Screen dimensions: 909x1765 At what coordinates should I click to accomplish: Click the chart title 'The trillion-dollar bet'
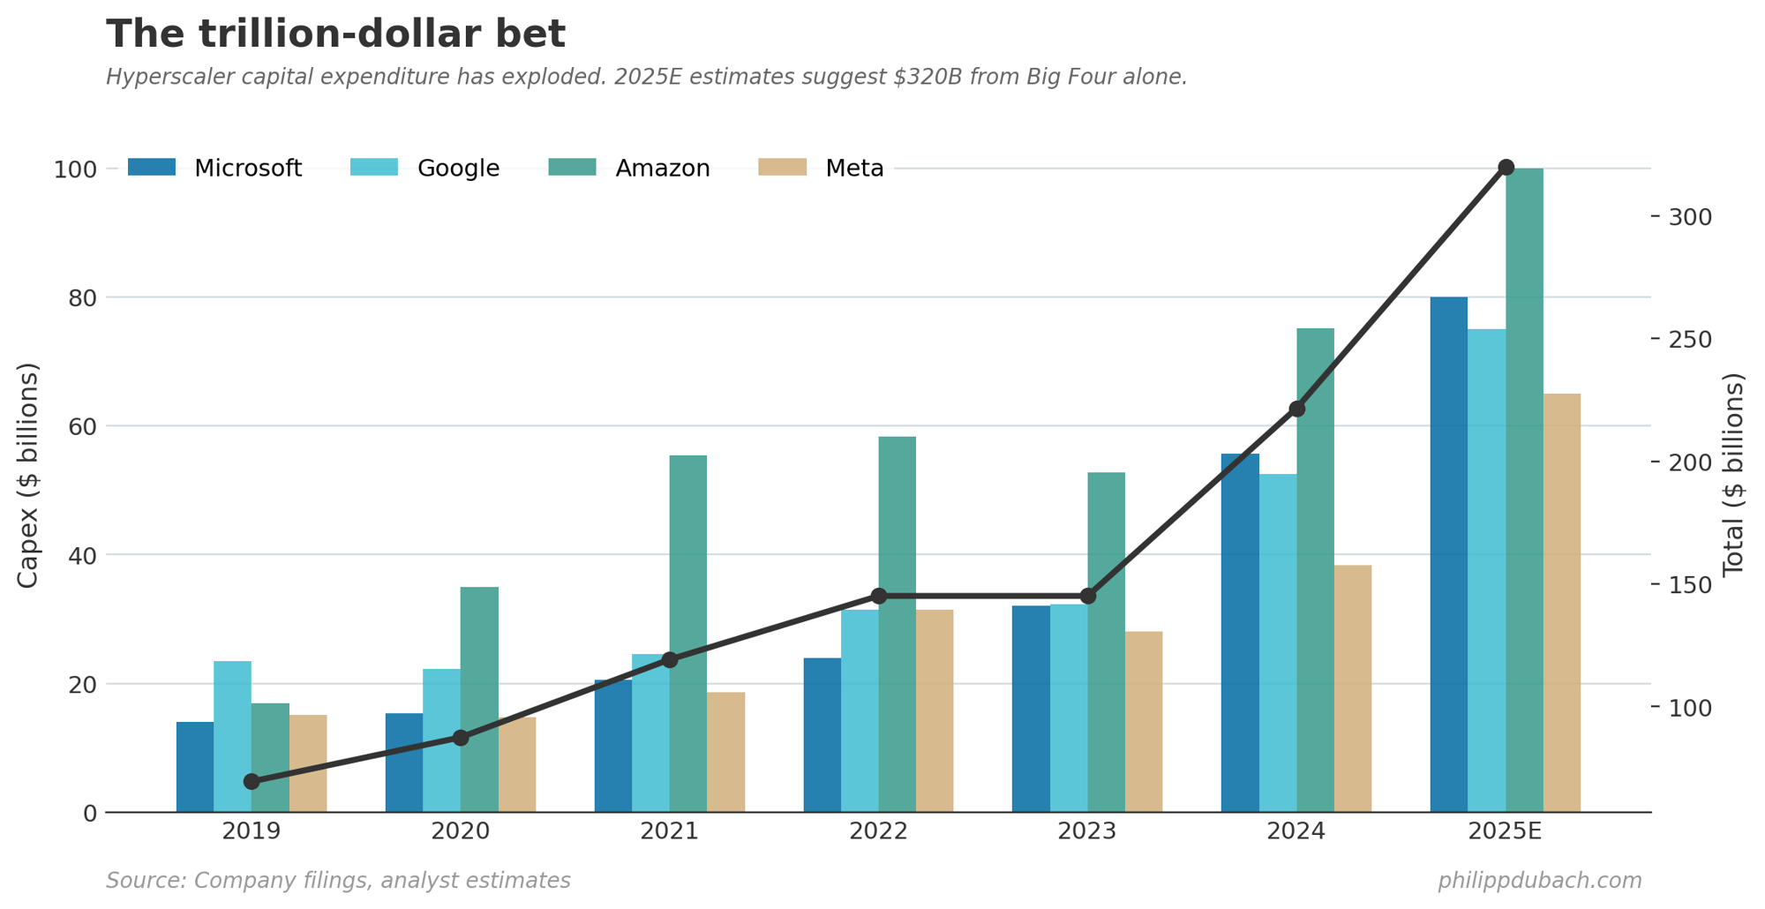pyautogui.click(x=335, y=35)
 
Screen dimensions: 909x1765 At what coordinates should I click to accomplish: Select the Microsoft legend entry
pyautogui.click(x=215, y=168)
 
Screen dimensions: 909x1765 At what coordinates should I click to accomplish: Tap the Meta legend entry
pyautogui.click(x=822, y=168)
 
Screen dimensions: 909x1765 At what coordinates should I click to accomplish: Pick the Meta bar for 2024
pyautogui.click(x=1353, y=688)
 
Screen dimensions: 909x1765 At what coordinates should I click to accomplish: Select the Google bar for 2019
pyautogui.click(x=232, y=737)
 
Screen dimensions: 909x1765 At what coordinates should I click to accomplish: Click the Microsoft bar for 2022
pyautogui.click(x=822, y=735)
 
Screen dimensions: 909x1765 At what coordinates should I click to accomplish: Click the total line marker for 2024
pyautogui.click(x=1296, y=409)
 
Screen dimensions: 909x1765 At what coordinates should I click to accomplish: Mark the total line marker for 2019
pyautogui.click(x=252, y=781)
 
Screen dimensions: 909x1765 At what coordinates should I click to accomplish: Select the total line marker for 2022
pyautogui.click(x=878, y=596)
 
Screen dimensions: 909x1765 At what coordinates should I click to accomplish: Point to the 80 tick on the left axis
pyautogui.click(x=82, y=297)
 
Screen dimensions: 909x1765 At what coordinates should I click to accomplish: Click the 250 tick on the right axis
pyautogui.click(x=1689, y=340)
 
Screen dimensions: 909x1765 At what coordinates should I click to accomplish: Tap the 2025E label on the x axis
pyautogui.click(x=1505, y=831)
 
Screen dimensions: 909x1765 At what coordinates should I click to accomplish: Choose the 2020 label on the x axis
pyautogui.click(x=460, y=831)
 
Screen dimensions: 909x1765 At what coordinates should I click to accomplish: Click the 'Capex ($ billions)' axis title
pyautogui.click(x=27, y=475)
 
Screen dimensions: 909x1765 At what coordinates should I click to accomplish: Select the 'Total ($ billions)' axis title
pyautogui.click(x=1733, y=475)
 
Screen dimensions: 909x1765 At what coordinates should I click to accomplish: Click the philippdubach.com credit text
pyautogui.click(x=1539, y=881)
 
